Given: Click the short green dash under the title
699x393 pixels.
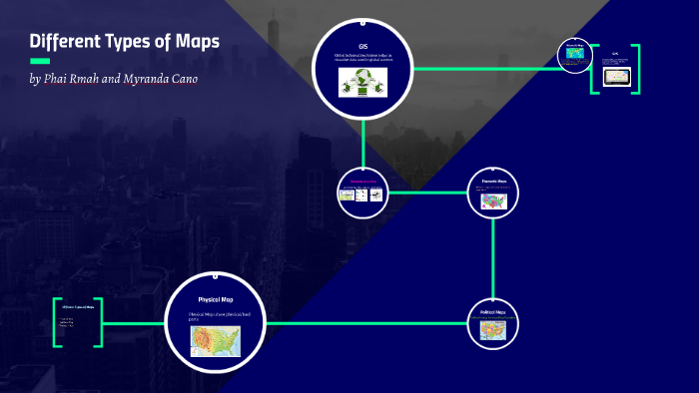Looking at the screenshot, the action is point(40,61).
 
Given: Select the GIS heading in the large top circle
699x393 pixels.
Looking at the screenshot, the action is point(363,47).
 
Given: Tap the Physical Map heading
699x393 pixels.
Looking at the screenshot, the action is point(216,299).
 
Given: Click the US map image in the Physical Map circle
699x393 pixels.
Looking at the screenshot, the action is point(216,341).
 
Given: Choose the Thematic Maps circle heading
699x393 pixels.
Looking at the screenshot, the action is point(494,181).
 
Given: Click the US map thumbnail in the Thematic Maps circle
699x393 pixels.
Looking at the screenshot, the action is point(494,200).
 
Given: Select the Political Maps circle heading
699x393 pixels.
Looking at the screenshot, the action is point(493,312).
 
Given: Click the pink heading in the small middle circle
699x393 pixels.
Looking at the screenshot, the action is point(360,181).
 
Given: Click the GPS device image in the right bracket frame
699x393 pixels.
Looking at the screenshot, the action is point(615,77).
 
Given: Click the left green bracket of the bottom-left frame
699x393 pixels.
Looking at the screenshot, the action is point(57,321).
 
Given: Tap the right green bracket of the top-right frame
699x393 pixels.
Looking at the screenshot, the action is point(636,70).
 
